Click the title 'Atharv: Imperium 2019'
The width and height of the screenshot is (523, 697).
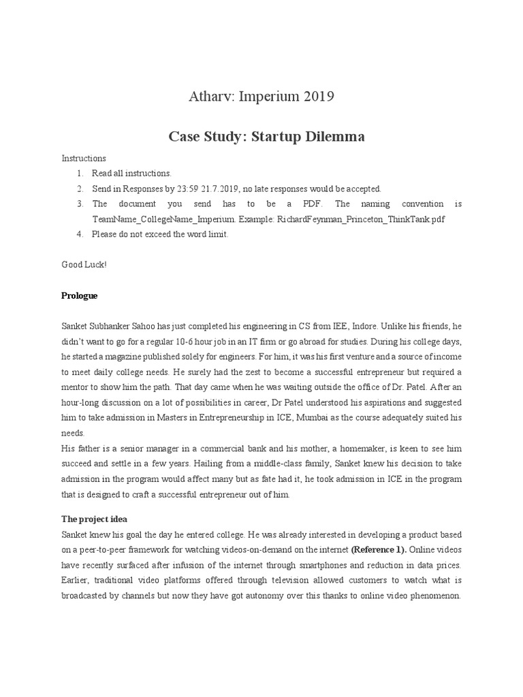pos(261,97)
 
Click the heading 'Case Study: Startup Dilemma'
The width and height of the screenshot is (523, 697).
pos(266,137)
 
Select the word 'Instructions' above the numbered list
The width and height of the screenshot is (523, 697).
pos(84,159)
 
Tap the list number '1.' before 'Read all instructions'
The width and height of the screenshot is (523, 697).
pos(80,174)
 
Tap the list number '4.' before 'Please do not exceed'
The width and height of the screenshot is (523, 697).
pos(80,234)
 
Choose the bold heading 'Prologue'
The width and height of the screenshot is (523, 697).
pos(80,296)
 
